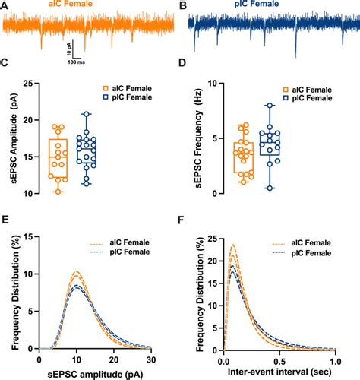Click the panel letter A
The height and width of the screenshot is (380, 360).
(5, 5)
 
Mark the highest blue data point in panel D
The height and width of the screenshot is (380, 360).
(269, 106)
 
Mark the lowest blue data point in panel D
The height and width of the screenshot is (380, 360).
(269, 188)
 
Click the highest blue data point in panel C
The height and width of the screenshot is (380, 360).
(87, 114)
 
